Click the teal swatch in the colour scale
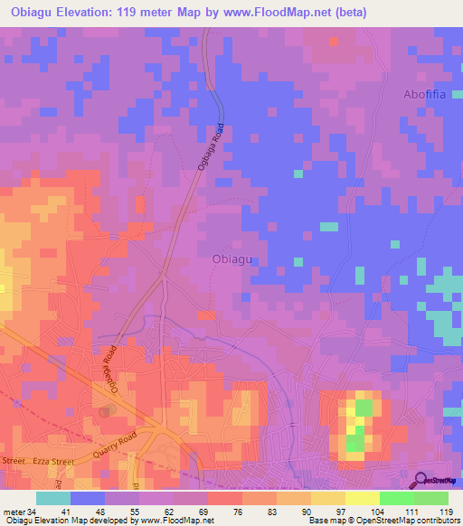(x=53, y=498)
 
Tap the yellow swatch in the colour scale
(x=363, y=498)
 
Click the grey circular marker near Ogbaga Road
(x=108, y=411)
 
